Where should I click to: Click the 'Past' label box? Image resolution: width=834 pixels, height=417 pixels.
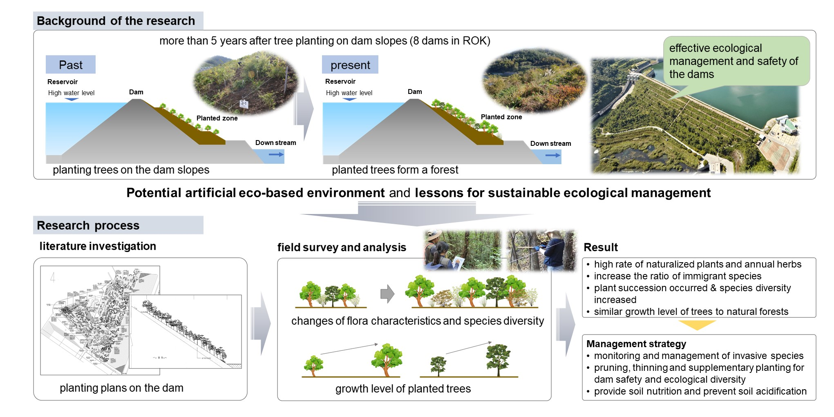(71, 65)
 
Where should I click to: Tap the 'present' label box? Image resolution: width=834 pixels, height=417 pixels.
(350, 65)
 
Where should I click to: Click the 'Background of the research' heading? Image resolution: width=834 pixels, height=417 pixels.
(116, 21)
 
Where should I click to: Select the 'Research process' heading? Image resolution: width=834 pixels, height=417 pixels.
(88, 225)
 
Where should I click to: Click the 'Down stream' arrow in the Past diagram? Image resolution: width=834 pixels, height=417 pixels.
(276, 154)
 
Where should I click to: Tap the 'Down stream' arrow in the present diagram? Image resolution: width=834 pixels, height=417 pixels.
(552, 155)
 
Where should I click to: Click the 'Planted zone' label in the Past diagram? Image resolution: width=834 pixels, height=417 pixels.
(217, 118)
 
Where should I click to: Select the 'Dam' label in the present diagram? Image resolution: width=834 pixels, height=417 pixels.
(415, 91)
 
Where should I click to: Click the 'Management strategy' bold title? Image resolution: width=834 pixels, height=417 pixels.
(636, 344)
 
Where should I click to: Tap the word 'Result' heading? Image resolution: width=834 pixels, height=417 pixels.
(601, 247)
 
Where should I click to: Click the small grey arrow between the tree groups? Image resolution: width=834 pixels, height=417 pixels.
(387, 294)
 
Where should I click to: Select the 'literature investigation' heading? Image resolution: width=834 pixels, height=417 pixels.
(98, 246)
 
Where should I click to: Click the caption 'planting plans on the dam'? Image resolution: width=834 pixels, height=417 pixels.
(121, 388)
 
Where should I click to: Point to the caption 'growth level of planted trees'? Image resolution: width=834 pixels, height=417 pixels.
(403, 388)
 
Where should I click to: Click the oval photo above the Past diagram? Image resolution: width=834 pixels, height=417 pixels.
(246, 83)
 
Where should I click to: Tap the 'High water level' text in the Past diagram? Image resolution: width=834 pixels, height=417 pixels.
(71, 93)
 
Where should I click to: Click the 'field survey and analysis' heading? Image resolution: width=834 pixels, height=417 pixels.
(342, 247)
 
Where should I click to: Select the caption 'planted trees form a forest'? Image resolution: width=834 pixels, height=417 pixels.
(395, 169)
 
